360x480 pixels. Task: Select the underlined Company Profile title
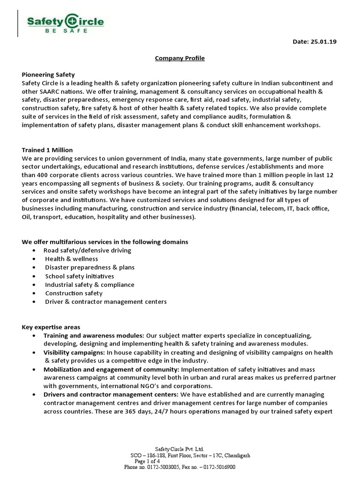[x=180, y=58]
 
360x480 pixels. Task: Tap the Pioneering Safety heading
[x=48, y=75]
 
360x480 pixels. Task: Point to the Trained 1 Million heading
[x=47, y=150]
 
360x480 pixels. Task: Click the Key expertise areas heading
[x=51, y=327]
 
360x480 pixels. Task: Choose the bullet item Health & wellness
[x=71, y=259]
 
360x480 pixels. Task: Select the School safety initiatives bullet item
[x=79, y=276]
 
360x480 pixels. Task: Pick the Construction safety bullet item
[x=74, y=293]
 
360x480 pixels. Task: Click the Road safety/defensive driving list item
[x=87, y=250]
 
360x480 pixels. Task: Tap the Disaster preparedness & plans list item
[x=90, y=267]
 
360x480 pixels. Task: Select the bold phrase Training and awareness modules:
[x=94, y=336]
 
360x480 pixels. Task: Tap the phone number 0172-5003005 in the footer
[x=164, y=467]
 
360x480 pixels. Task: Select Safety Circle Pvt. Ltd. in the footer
[x=180, y=449]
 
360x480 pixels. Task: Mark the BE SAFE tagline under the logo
[x=65, y=31]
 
